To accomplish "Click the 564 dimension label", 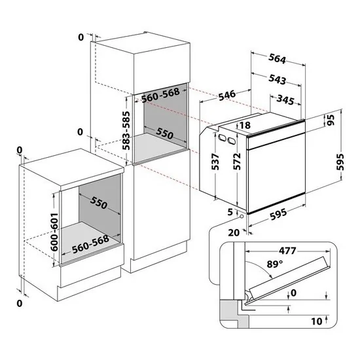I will point(278,59).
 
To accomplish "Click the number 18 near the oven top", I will point(245,125).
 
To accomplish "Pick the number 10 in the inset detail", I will point(316,321).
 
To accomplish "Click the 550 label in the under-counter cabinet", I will point(99,204).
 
